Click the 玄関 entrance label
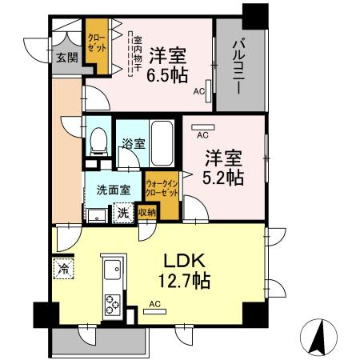(x=66, y=58)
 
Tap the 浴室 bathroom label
(x=131, y=145)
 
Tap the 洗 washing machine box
(x=123, y=214)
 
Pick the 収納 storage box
(x=146, y=213)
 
